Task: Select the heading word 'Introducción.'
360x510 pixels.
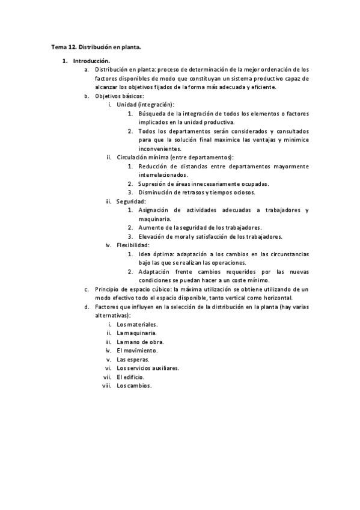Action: [x=91, y=61]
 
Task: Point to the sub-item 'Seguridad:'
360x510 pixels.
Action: [x=131, y=201]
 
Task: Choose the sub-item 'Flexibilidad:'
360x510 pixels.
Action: [x=133, y=245]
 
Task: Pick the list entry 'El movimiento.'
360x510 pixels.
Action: [x=137, y=350]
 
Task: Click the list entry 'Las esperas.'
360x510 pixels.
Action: [x=133, y=359]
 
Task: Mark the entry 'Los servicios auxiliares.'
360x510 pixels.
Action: [x=148, y=367]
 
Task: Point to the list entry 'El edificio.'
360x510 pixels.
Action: [x=130, y=376]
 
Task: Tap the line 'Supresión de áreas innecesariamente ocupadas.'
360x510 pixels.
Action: [x=203, y=184]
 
